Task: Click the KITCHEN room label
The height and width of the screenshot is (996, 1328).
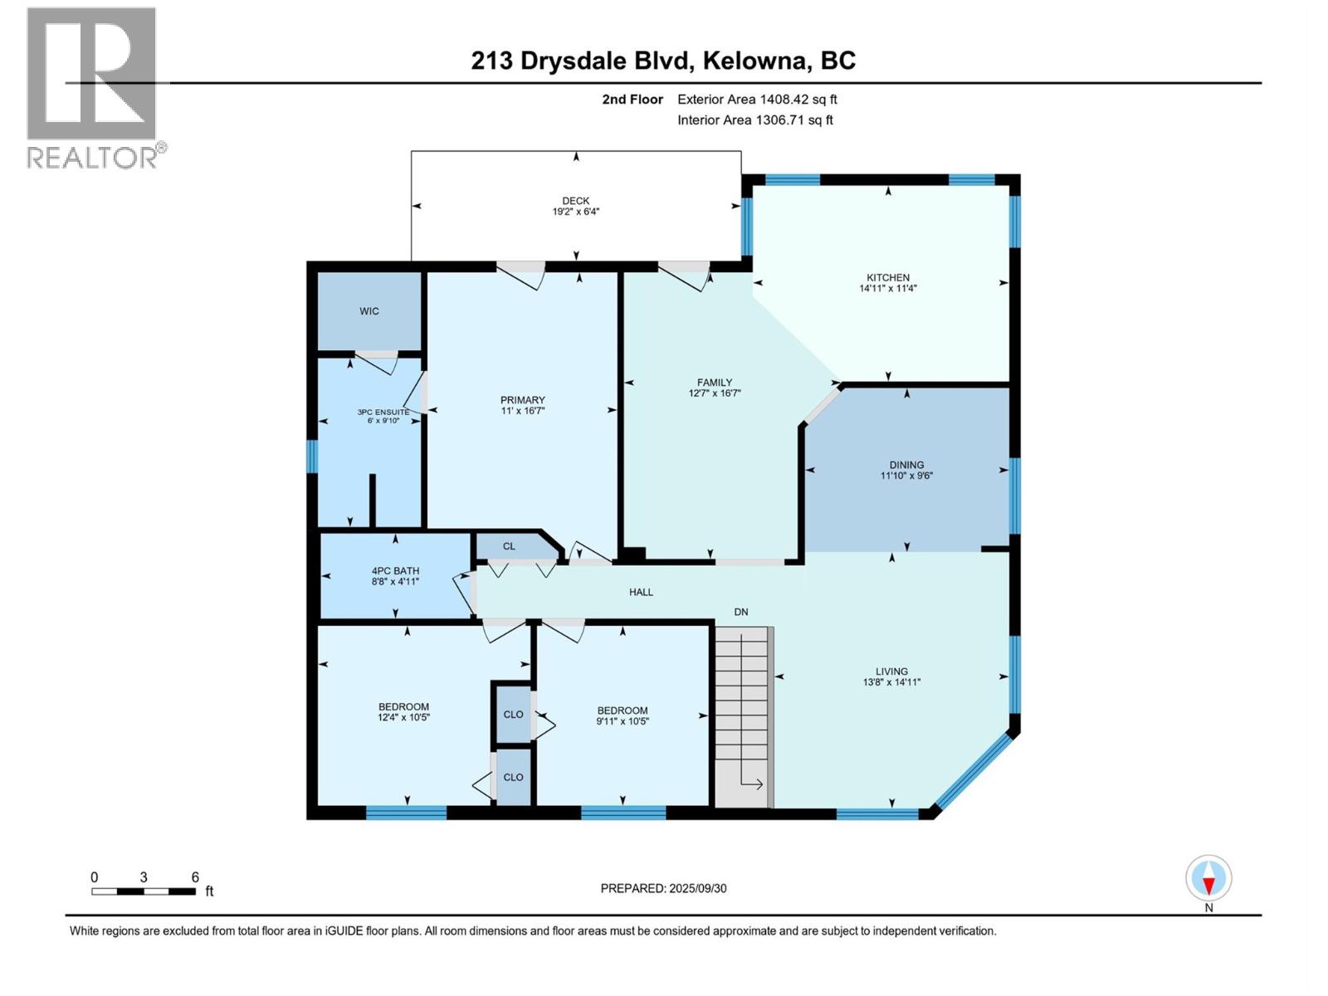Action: pos(887,277)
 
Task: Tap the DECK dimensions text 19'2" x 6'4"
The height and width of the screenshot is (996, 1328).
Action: pos(575,212)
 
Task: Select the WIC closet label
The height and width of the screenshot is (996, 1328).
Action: pos(369,311)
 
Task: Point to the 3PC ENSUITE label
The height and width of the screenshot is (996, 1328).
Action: pos(383,412)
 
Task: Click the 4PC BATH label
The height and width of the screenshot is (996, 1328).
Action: pos(395,571)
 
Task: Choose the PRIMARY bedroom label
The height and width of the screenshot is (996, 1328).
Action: pos(522,400)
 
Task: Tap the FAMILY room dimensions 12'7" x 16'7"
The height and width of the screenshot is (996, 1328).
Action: pos(714,393)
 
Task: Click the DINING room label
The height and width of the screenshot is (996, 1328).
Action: pos(906,465)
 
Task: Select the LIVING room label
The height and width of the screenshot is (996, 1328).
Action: pos(891,671)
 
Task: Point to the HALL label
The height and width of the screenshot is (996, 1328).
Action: pos(641,592)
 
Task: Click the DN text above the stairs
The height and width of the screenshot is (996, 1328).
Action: pos(740,612)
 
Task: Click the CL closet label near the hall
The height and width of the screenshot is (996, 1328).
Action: pos(509,546)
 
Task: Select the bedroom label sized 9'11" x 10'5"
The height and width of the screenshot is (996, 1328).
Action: pos(622,710)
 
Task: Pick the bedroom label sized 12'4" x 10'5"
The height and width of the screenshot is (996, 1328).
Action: pos(403,707)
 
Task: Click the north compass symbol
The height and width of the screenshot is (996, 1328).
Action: pos(1208,879)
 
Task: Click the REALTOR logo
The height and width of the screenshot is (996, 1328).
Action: pos(93,87)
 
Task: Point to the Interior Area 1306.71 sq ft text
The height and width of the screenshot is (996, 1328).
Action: pos(754,120)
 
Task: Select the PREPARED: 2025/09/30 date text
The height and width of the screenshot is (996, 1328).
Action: pos(663,888)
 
